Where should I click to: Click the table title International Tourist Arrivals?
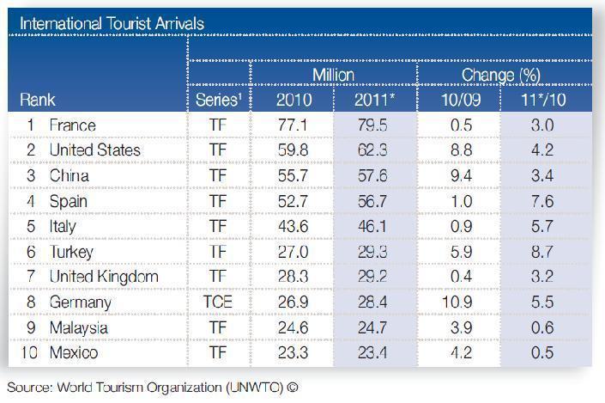pyautogui.click(x=112, y=23)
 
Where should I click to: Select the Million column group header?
pyautogui.click(x=333, y=75)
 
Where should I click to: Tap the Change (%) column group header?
pyautogui.click(x=501, y=75)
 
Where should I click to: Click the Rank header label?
pyautogui.click(x=37, y=100)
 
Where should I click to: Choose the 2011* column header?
pyautogui.click(x=375, y=100)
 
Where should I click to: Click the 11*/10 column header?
pyautogui.click(x=541, y=100)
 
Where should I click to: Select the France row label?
pyautogui.click(x=72, y=125)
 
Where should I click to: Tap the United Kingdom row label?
pyautogui.click(x=103, y=277)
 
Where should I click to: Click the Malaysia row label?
pyautogui.click(x=78, y=327)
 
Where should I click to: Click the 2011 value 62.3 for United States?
pyautogui.click(x=375, y=150)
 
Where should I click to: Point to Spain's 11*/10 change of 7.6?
pyautogui.click(x=541, y=201)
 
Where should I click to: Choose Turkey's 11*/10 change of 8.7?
pyautogui.click(x=541, y=252)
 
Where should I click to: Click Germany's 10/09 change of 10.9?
pyautogui.click(x=459, y=302)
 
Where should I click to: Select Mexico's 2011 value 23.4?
pyautogui.click(x=375, y=353)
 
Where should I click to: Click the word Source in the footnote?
pyautogui.click(x=29, y=386)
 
